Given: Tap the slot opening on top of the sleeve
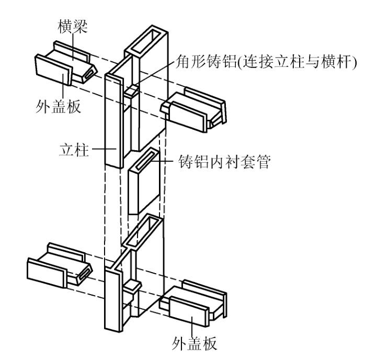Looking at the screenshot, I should tap(146, 157).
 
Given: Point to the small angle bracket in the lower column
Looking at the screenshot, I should tap(132, 287).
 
